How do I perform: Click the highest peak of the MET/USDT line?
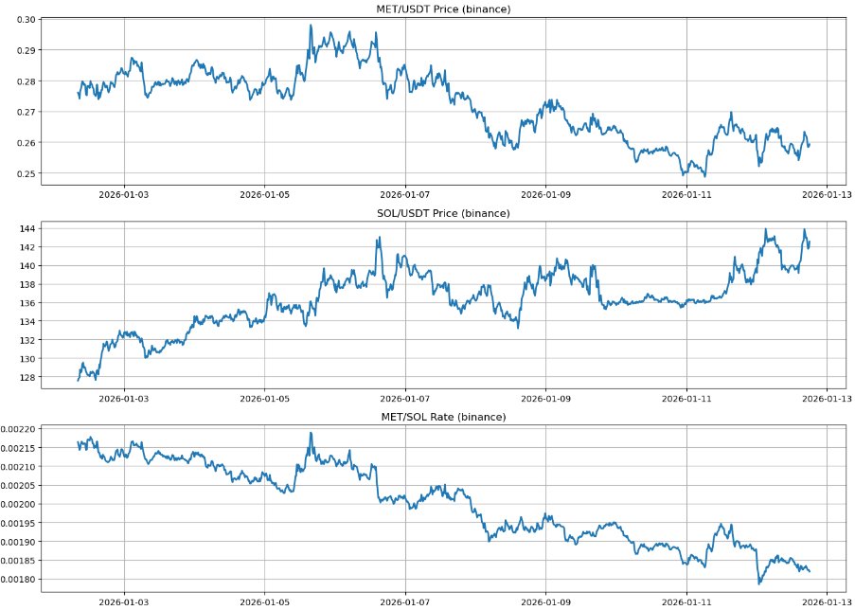(311, 26)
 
